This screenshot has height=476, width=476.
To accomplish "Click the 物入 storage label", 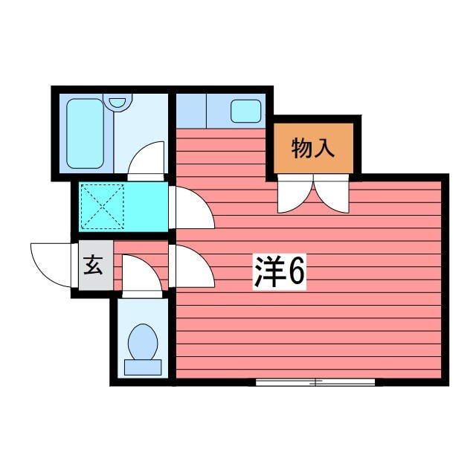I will pos(312,148).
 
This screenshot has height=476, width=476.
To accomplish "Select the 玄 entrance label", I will pos(92,265).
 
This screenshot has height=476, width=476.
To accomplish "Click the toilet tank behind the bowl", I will pos(142,366).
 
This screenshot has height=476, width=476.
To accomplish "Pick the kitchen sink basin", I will pos(245,111).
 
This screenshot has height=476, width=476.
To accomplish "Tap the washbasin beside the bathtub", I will pos(118,102).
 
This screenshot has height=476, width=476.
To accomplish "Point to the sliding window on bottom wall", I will pos(315,382).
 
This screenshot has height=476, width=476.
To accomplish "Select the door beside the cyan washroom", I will pos(192,208).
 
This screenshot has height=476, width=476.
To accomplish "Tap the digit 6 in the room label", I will pos(295,273).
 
